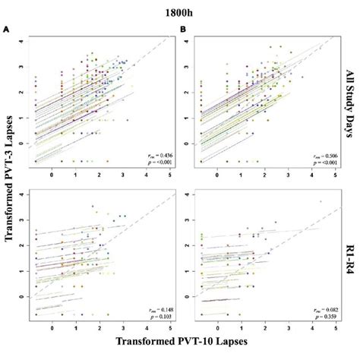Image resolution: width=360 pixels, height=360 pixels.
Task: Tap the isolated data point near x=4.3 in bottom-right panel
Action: pyautogui.click(x=320, y=201)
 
